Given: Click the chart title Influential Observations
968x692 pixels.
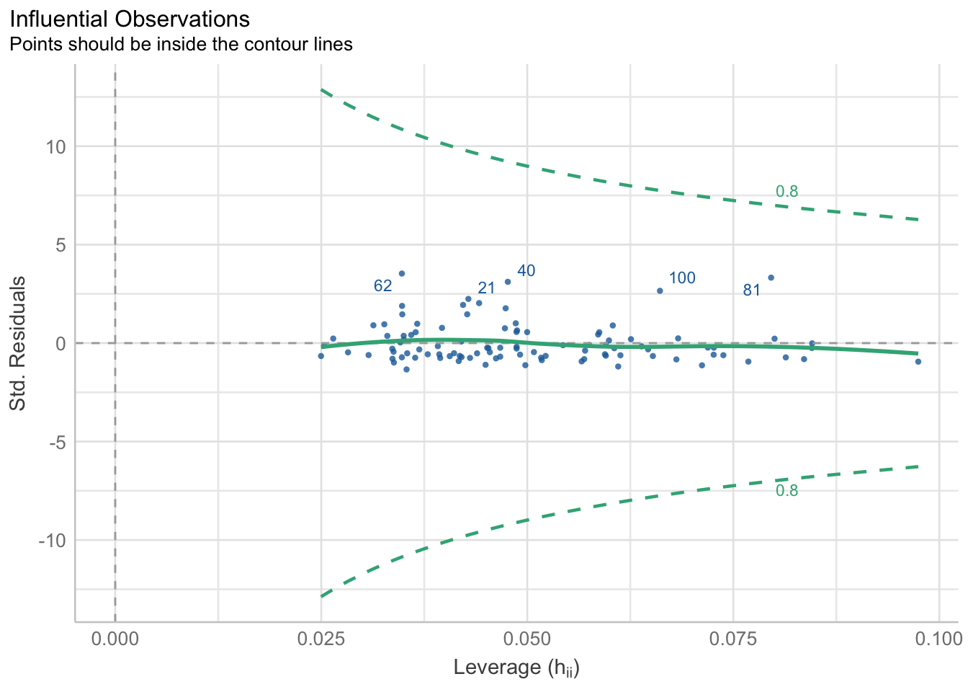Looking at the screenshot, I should (x=130, y=19).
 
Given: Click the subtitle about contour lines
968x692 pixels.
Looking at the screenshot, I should (x=180, y=45).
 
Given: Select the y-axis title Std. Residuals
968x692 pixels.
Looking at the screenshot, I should (x=17, y=343).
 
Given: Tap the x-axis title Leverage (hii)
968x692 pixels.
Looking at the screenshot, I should (x=516, y=667).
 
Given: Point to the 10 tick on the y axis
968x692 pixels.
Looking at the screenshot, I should (x=55, y=147).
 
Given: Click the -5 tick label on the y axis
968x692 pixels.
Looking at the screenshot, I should (x=55, y=442).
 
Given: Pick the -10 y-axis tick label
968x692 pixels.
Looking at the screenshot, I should (x=52, y=541).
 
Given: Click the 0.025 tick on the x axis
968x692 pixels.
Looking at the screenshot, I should (x=321, y=639).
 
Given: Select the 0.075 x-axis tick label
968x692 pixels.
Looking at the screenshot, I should (x=732, y=639).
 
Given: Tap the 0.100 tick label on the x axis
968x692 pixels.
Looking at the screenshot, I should (x=938, y=639).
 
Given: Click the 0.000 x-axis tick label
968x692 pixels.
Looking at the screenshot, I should (x=115, y=639).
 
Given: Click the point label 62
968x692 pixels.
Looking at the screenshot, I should (x=383, y=286).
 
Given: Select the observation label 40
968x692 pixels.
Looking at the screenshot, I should (x=526, y=271).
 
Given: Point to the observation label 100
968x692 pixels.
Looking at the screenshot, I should (x=682, y=278).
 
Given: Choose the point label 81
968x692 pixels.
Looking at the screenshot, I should (x=752, y=290).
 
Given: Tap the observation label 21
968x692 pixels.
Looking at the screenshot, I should (x=487, y=288).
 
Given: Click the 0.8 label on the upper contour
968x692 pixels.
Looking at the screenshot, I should (x=786, y=192).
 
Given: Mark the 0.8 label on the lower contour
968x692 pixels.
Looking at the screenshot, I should (x=786, y=491).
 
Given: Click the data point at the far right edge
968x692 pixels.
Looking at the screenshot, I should (x=918, y=361).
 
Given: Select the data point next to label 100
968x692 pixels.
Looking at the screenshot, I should (x=660, y=290).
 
